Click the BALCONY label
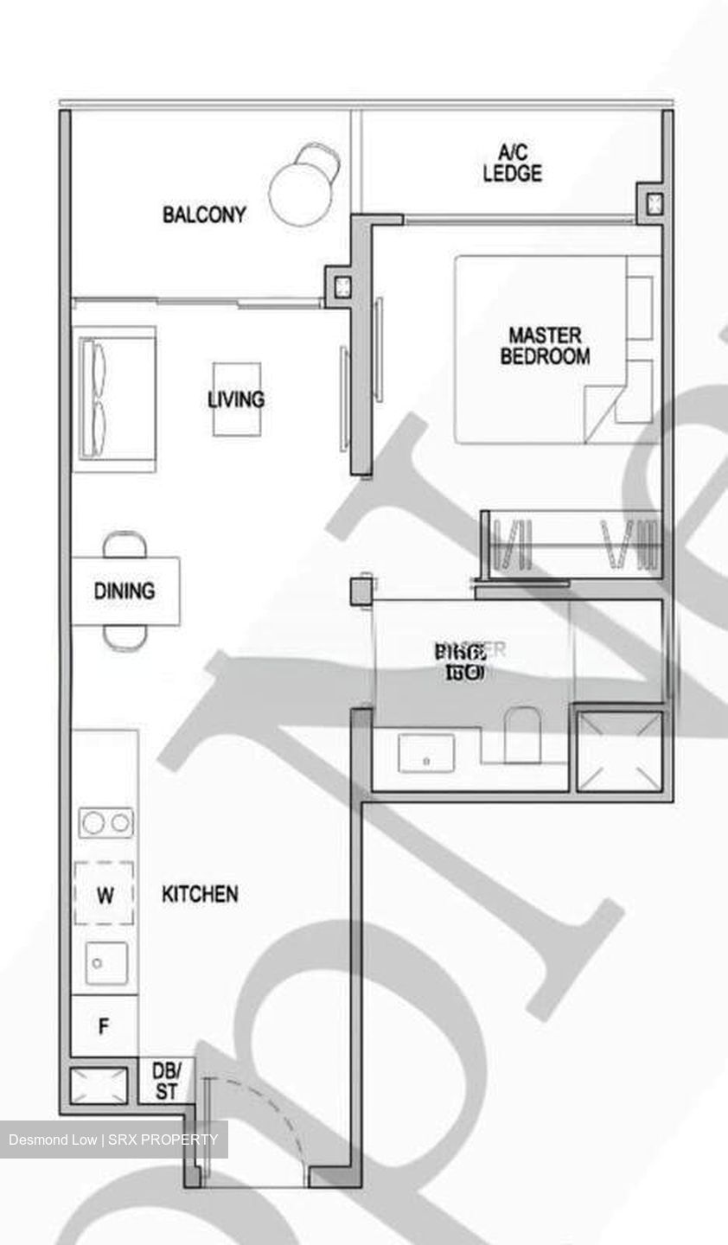pos(204,214)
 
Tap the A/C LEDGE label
pos(512,163)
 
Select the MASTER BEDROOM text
pos(545,345)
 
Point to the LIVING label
pos(236,399)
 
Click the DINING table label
pos(125,591)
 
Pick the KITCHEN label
pos(200,894)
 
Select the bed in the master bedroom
pos(553,349)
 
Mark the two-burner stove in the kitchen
pos(106,822)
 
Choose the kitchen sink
pos(106,963)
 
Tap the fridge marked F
pos(104,1027)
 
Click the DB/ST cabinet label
pos(166,1081)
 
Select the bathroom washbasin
pos(426,753)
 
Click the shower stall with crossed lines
pos(620,750)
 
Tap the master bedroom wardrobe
pos(572,544)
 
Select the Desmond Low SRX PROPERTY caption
pos(113,1140)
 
